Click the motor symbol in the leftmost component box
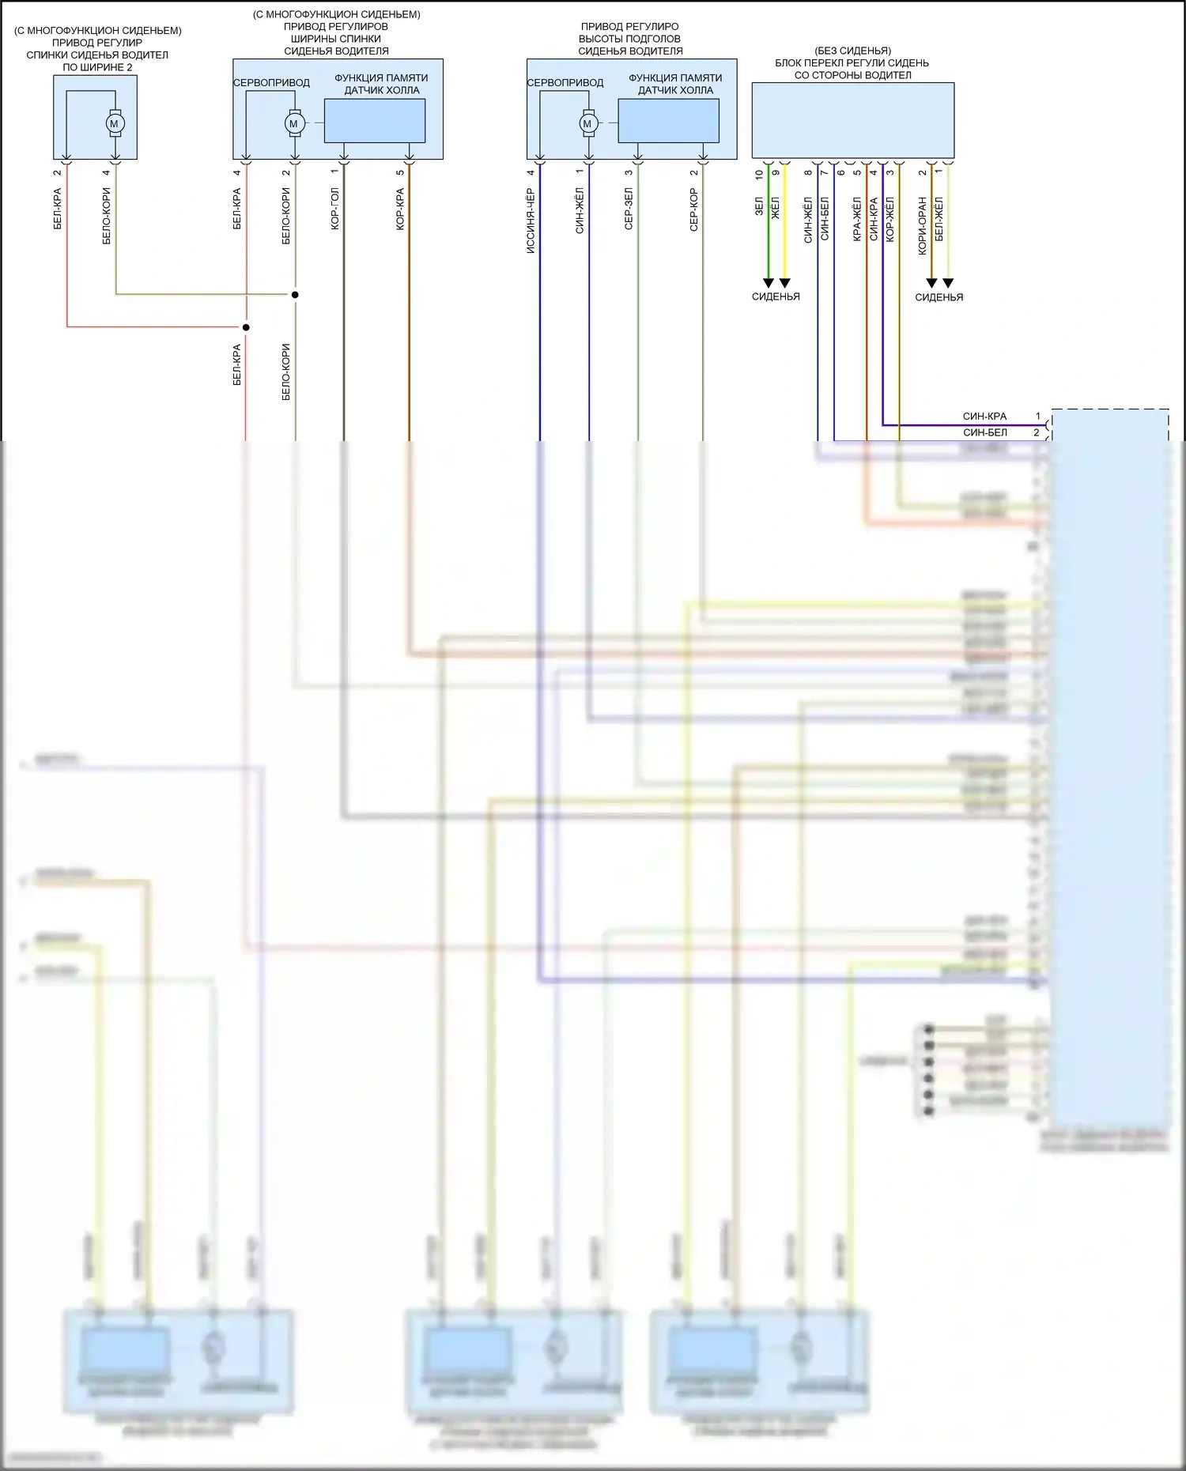(x=115, y=123)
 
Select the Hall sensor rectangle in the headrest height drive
(x=668, y=121)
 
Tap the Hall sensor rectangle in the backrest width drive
(x=374, y=121)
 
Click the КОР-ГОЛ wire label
(x=335, y=209)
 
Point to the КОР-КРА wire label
(x=400, y=209)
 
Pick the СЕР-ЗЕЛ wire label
(x=629, y=209)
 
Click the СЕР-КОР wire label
(x=693, y=209)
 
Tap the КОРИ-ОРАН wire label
(x=922, y=226)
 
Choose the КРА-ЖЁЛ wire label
(x=857, y=219)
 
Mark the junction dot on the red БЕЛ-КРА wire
(x=246, y=327)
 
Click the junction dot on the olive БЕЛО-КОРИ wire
(x=295, y=295)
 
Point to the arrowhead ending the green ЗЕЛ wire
(x=768, y=283)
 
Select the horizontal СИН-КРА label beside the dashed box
(x=984, y=417)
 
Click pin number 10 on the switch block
(x=759, y=174)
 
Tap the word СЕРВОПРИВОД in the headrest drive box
(x=565, y=83)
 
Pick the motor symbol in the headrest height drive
(x=587, y=123)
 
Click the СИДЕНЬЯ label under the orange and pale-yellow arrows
(x=939, y=297)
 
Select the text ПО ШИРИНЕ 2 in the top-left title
(x=97, y=67)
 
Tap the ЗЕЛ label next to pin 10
(x=759, y=206)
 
